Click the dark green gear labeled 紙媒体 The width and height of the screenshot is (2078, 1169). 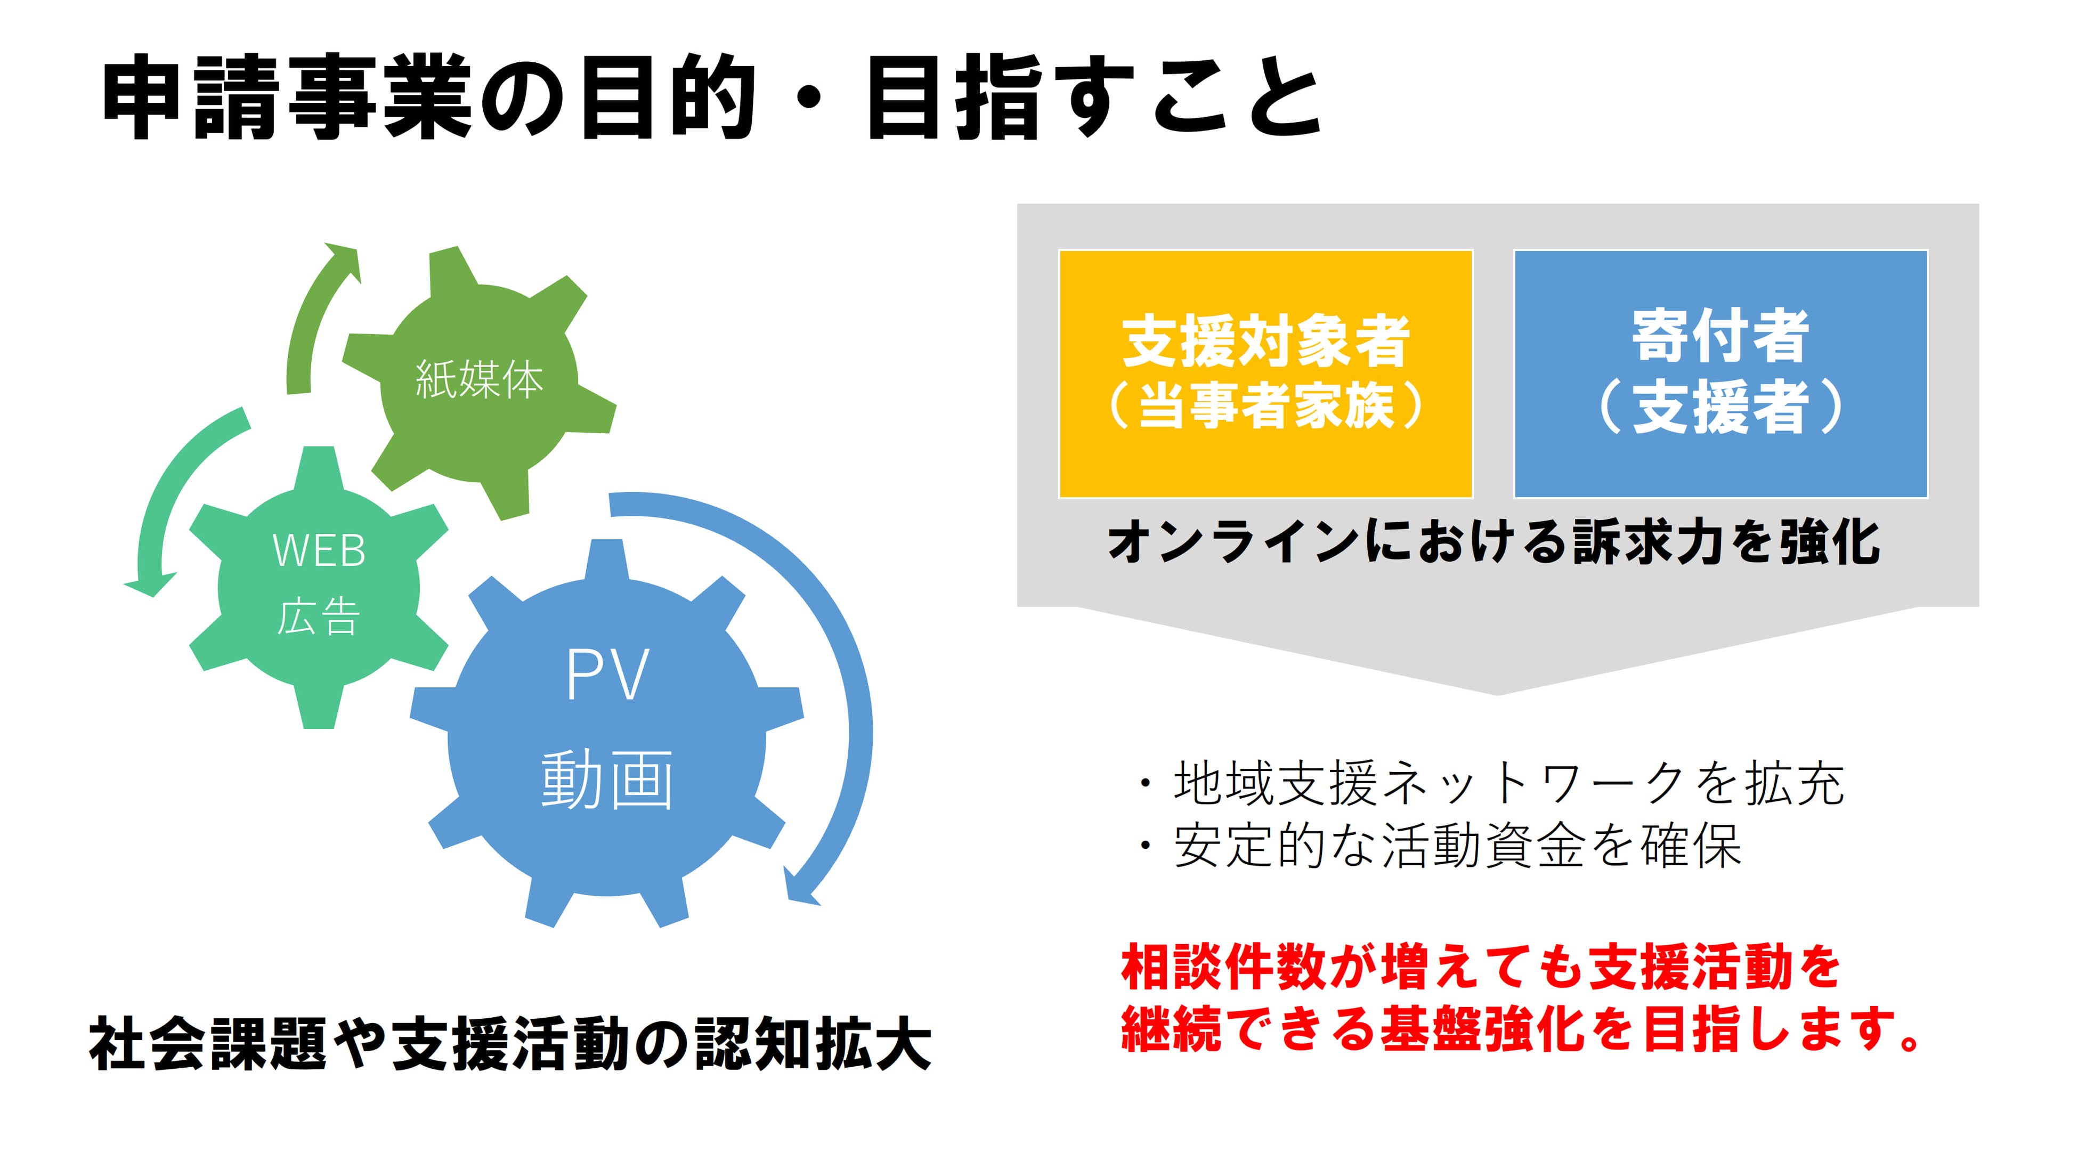(x=479, y=379)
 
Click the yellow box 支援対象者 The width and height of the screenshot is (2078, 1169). (x=1265, y=374)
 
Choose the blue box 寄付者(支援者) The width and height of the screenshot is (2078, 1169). (x=1720, y=374)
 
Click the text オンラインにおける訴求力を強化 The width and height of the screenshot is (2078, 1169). (x=1495, y=543)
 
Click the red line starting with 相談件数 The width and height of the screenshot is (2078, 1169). (x=1480, y=968)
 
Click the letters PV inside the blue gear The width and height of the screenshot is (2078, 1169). (x=607, y=676)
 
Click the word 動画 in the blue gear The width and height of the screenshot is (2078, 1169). (x=607, y=780)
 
